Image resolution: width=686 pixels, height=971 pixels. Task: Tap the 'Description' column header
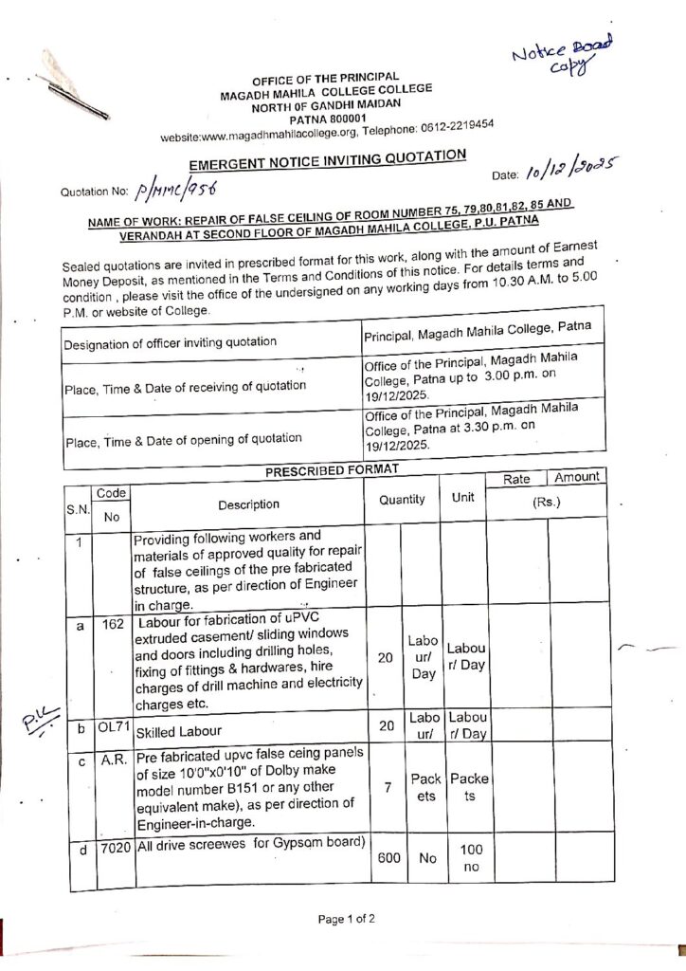tap(247, 504)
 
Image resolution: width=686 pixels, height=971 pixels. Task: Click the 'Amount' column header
tap(577, 477)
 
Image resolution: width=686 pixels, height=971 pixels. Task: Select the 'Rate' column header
tap(516, 480)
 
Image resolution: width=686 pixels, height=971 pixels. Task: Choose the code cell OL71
tap(113, 727)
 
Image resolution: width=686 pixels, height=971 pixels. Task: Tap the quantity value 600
tap(388, 857)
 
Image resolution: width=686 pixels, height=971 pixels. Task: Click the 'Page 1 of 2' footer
tap(347, 919)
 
